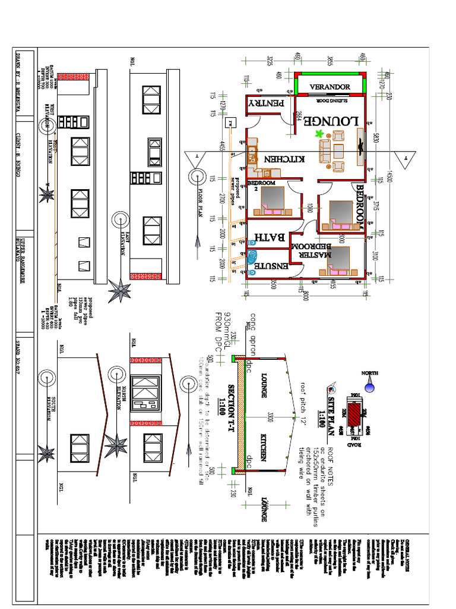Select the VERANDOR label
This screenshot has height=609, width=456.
tap(330, 87)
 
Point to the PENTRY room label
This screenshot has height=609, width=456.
tap(267, 103)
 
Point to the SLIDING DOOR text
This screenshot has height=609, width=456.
tap(330, 101)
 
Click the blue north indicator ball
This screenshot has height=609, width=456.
tap(369, 387)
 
